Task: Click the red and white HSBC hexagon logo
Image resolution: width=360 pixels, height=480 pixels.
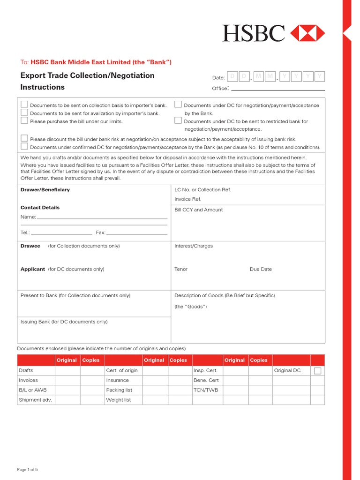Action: pos(307,33)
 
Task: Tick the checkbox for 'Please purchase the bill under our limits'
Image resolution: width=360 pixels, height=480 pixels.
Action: pos(24,120)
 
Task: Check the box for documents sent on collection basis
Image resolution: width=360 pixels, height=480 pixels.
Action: pos(24,105)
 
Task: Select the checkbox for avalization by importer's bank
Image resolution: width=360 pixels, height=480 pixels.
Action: pos(24,112)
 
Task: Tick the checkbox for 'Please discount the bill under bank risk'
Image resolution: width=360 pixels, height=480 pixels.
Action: pos(24,138)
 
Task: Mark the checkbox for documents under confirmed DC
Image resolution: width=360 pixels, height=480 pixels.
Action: pos(24,146)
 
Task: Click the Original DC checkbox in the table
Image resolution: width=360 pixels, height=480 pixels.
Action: pos(317,371)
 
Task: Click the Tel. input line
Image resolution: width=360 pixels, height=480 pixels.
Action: pos(61,233)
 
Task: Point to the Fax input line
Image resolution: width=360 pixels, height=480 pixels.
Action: pos(137,233)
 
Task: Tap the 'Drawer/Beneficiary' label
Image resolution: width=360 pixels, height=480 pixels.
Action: pos(45,190)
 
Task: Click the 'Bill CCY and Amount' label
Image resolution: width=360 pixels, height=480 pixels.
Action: pos(199,210)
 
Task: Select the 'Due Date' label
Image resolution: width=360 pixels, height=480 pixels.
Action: pos(261,270)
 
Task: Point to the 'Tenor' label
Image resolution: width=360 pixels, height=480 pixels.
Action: pos(181,270)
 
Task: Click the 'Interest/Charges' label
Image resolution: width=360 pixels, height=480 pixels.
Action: pos(194,246)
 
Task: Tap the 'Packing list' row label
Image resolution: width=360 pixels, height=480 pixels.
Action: pos(119,390)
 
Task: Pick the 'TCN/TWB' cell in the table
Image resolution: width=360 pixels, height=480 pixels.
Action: pos(206,390)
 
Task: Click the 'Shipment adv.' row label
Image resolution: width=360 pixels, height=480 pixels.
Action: pos(36,400)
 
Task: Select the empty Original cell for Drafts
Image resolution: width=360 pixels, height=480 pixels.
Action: pos(67,370)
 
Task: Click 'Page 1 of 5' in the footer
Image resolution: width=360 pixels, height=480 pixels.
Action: pos(30,470)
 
